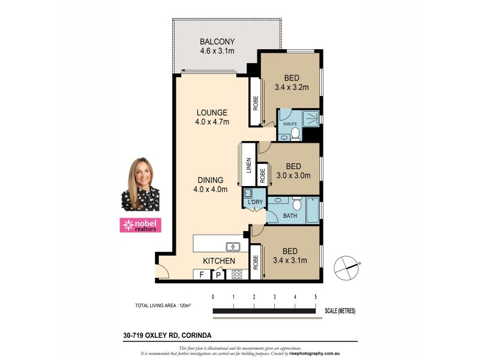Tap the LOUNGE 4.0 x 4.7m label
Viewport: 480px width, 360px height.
[211, 112]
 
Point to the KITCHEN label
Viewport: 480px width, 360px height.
[218, 261]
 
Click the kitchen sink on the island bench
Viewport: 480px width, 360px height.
[233, 246]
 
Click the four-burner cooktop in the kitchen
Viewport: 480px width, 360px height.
[236, 275]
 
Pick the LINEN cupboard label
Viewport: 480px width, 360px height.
[248, 170]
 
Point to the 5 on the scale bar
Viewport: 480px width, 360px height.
[315, 297]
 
